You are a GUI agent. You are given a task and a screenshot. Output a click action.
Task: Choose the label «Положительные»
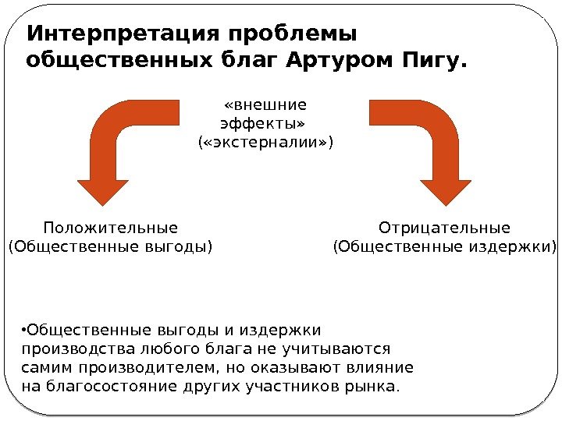coord(111,228)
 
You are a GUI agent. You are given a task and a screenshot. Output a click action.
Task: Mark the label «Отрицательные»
coord(444,228)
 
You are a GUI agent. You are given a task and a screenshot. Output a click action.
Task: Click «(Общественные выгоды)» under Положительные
coord(110,248)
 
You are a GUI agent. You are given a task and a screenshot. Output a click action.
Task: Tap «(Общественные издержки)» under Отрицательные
coord(444,248)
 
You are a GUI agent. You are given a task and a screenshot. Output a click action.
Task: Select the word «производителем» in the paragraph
coord(155,367)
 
